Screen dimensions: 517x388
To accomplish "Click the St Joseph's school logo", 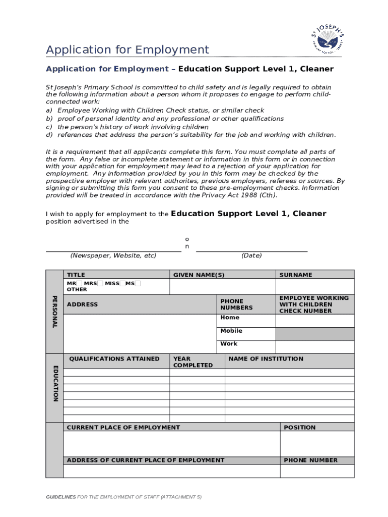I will [x=328, y=40].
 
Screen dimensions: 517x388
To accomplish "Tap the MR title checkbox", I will [x=79, y=283].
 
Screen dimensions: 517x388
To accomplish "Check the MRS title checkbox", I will [x=100, y=283].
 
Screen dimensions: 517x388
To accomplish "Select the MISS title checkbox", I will [x=122, y=283].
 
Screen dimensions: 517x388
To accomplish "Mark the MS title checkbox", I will [x=138, y=283].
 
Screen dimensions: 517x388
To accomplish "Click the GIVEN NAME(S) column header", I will [x=199, y=275].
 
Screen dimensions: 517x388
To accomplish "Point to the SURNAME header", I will [x=296, y=275].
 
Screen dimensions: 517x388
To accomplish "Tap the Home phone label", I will [x=230, y=318].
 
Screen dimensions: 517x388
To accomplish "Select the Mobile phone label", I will [x=231, y=331].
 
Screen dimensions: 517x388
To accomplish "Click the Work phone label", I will [x=229, y=344].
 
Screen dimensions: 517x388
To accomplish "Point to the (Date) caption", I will [x=251, y=255].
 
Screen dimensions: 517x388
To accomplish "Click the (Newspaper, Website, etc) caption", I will [x=113, y=255].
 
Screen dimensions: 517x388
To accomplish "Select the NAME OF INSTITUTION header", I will [x=266, y=359].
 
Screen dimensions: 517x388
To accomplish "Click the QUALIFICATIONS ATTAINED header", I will [x=114, y=359].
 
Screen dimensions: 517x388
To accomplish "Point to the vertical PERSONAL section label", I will [x=54, y=312].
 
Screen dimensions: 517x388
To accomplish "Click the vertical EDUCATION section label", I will [x=54, y=383].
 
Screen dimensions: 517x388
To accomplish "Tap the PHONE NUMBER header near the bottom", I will [x=311, y=460].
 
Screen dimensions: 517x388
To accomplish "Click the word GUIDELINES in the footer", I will [x=61, y=497].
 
